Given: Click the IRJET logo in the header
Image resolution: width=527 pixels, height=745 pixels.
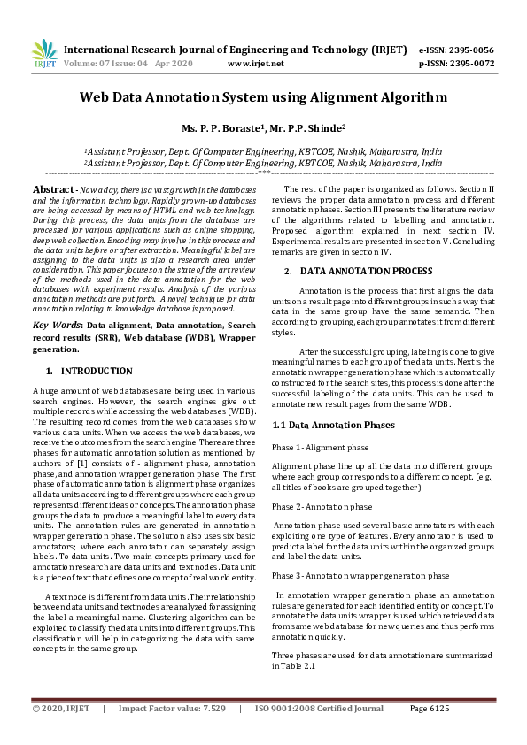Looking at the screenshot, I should tap(43, 56).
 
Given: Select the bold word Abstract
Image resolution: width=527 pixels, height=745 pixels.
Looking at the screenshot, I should tap(53, 190).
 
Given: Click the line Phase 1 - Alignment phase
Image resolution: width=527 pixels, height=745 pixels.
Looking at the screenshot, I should tap(320, 448).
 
